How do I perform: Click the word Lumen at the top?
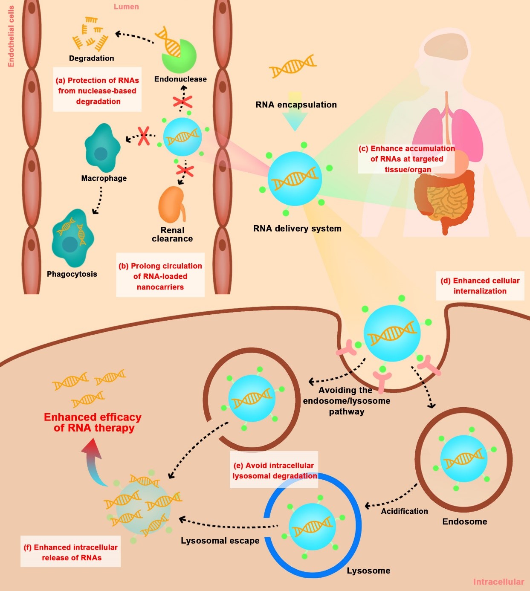(x=126, y=7)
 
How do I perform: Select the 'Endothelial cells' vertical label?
(x=11, y=36)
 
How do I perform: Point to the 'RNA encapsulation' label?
(x=296, y=105)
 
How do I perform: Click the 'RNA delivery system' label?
(x=297, y=229)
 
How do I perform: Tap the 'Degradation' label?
(x=91, y=58)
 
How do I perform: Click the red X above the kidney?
(x=185, y=171)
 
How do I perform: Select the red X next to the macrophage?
(x=144, y=136)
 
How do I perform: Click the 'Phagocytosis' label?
(x=72, y=274)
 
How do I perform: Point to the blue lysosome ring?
(x=313, y=576)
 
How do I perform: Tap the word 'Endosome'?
(x=464, y=521)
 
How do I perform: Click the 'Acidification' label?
(x=404, y=511)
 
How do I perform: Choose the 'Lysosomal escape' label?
(x=220, y=541)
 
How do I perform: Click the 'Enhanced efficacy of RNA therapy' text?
(x=93, y=423)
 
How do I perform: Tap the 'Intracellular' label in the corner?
(x=498, y=582)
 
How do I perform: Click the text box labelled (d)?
(x=480, y=286)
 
